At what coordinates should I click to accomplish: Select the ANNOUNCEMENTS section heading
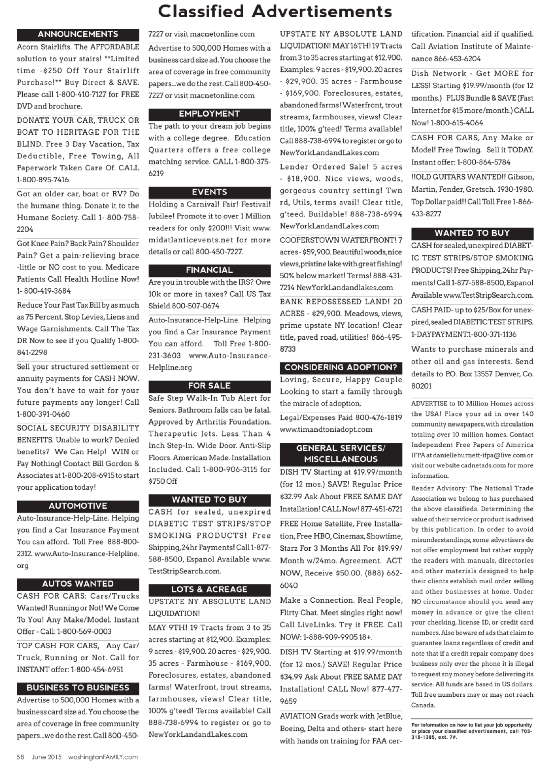click(x=78, y=34)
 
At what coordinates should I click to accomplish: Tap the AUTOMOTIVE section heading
click(x=78, y=506)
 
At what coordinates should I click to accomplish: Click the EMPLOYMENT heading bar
click(x=209, y=114)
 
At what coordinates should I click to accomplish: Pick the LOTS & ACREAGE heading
click(x=209, y=589)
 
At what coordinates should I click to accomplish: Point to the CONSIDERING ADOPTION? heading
click(x=341, y=367)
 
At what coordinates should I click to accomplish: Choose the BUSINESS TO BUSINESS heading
click(x=78, y=688)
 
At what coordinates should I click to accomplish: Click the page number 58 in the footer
click(x=20, y=757)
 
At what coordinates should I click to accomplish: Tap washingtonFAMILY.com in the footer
click(x=103, y=757)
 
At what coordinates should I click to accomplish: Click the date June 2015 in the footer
click(x=47, y=757)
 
